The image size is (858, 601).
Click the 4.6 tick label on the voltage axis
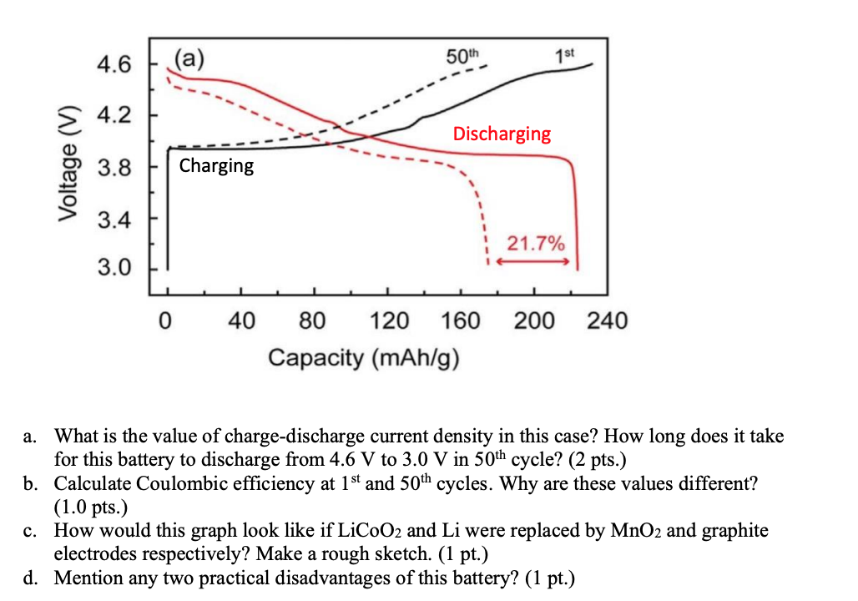(x=114, y=64)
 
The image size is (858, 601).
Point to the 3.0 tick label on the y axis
(x=114, y=269)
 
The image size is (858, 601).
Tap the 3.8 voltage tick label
(x=114, y=167)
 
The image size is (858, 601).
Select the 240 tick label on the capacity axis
(x=608, y=321)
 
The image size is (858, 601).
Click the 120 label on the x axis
(x=388, y=321)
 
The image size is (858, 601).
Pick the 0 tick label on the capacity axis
(x=168, y=321)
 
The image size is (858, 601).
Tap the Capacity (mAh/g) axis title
(x=364, y=358)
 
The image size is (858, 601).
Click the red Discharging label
(x=502, y=134)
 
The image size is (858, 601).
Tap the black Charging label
(x=216, y=165)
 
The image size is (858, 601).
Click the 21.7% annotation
(x=536, y=244)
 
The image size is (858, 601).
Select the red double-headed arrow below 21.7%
(x=534, y=261)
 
